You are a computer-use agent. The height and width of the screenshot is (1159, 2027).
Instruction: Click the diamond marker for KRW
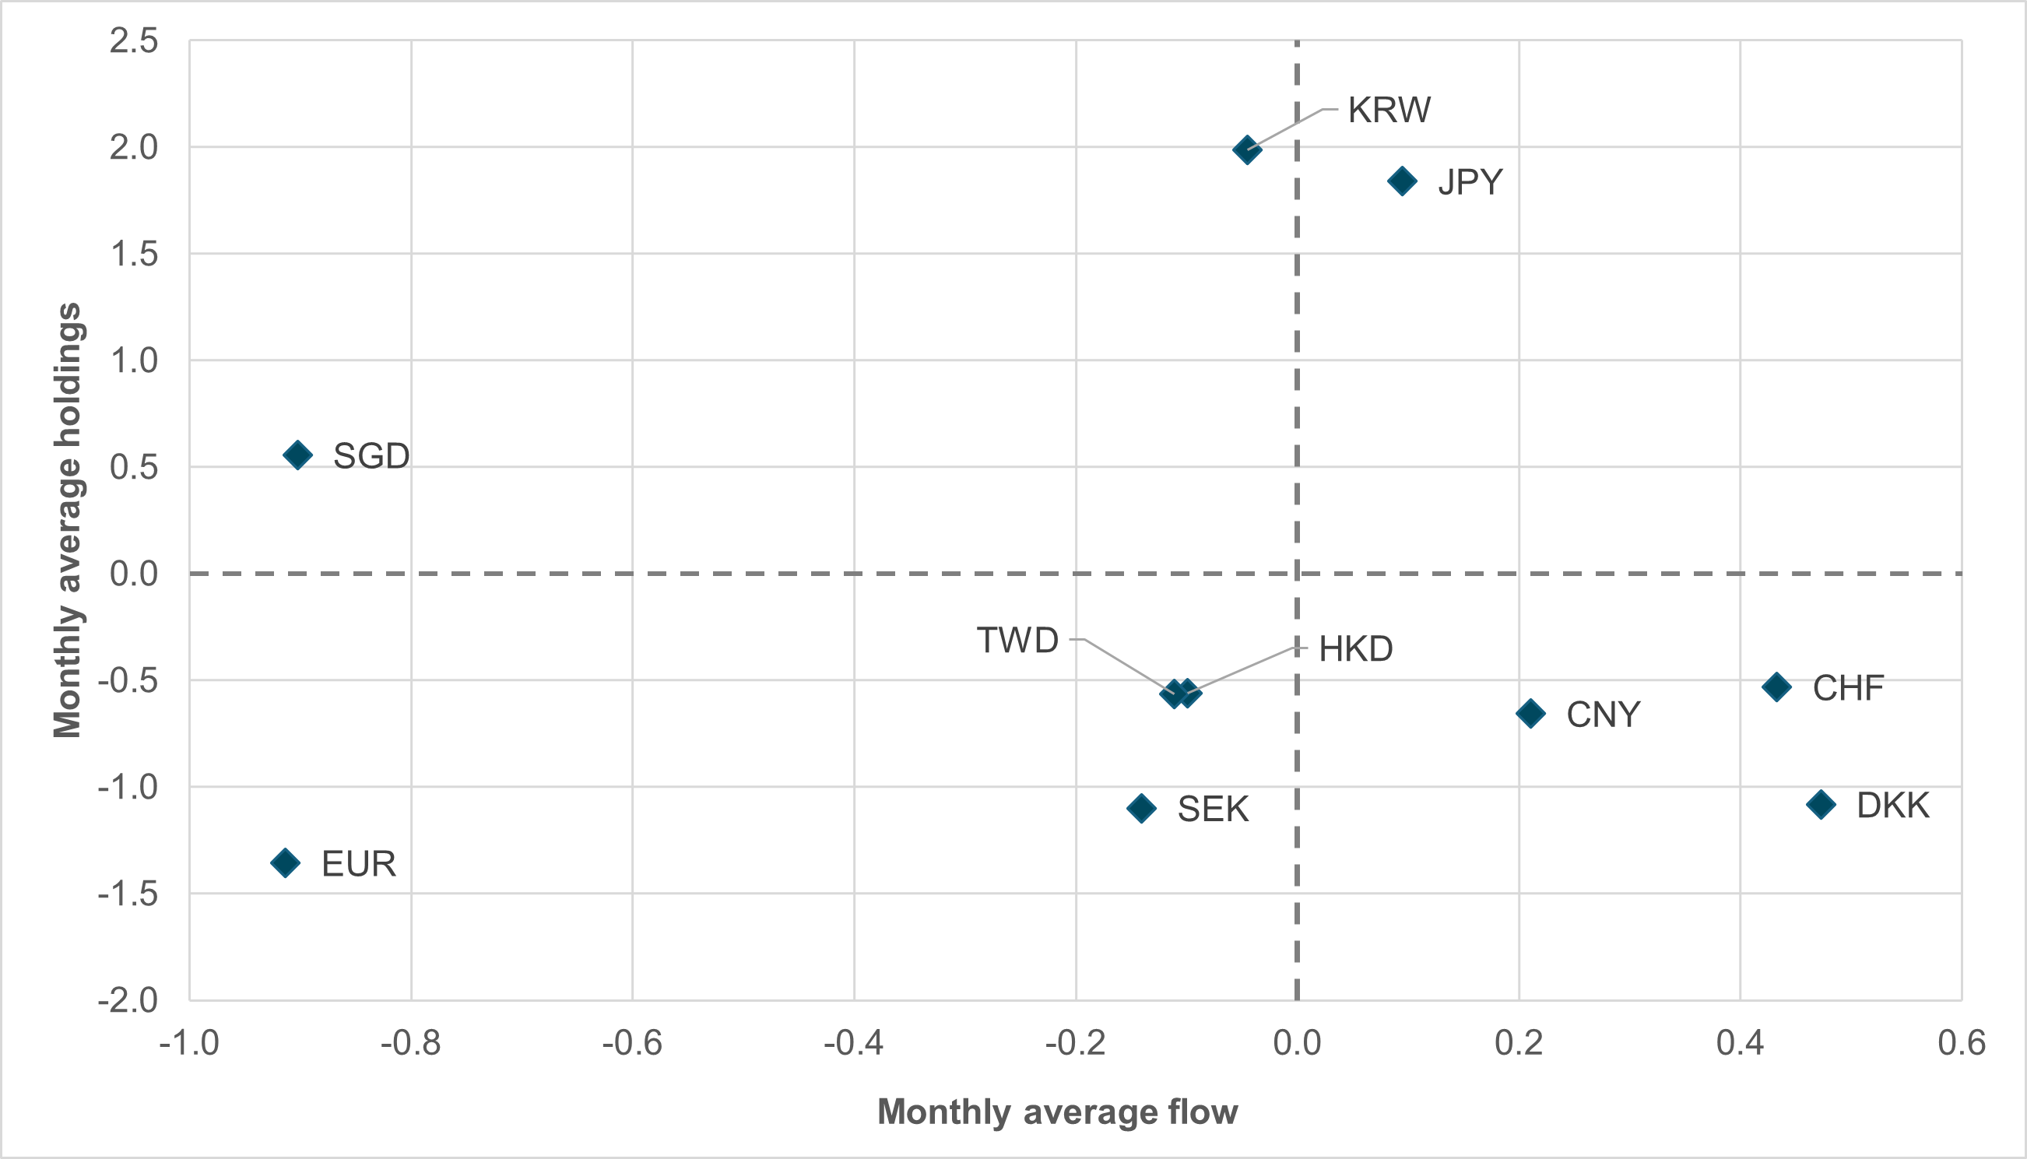pos(1246,149)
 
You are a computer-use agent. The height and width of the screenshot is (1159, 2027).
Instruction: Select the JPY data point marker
pos(1402,181)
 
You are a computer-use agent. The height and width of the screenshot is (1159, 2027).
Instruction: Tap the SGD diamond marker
pos(297,455)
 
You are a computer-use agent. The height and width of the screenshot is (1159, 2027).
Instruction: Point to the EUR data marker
pos(285,863)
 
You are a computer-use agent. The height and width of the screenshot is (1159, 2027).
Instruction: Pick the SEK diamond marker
pos(1141,809)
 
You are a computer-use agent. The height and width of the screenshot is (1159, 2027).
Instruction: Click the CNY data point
pos(1530,713)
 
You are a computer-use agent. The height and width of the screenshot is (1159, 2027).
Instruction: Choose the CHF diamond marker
pos(1776,687)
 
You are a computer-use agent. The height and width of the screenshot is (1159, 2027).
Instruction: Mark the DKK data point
pos(1821,805)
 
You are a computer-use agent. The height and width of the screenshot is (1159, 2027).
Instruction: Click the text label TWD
pos(1017,641)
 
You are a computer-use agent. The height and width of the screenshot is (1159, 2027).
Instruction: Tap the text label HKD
pos(1356,649)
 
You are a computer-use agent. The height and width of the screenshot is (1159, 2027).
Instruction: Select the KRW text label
pos(1389,110)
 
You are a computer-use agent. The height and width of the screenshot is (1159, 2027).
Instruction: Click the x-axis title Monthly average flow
pos(1057,1112)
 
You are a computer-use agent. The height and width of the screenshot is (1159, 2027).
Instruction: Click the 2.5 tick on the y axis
pos(134,40)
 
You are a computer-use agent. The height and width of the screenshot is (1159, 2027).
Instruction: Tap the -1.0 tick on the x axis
pos(189,1043)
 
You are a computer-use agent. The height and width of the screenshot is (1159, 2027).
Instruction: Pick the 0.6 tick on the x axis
pos(1962,1043)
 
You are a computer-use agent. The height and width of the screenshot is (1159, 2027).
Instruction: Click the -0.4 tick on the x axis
pos(853,1043)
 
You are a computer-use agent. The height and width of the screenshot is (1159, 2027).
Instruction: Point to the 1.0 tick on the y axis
pos(134,360)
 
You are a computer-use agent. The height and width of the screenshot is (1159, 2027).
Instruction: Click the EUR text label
pos(358,865)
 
